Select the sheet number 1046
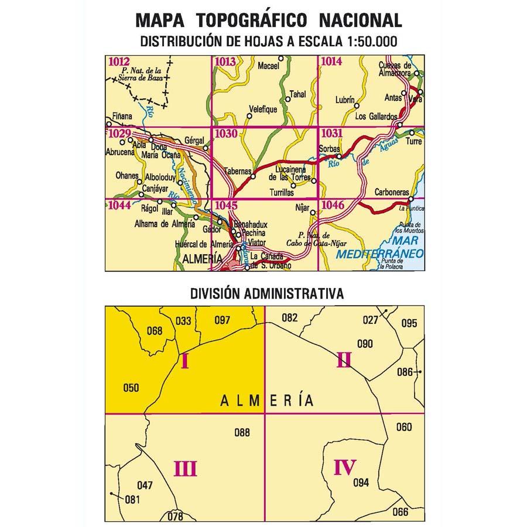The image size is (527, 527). pyautogui.click(x=333, y=204)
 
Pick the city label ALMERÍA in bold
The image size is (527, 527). pyautogui.click(x=203, y=258)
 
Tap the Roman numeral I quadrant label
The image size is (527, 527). pyautogui.click(x=184, y=362)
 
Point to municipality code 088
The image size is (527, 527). pyautogui.click(x=242, y=433)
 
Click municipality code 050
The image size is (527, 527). pyautogui.click(x=131, y=386)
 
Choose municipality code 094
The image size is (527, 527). pyautogui.click(x=362, y=483)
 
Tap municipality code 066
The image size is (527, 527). pyautogui.click(x=401, y=512)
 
